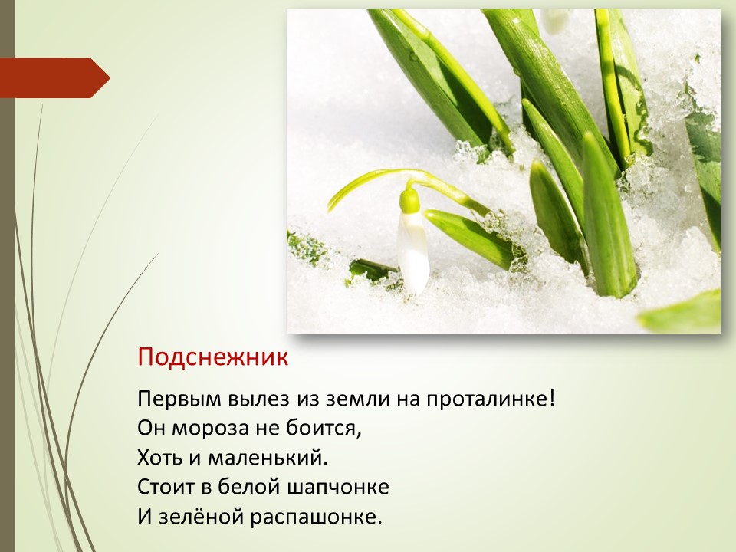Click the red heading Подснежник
click(212, 358)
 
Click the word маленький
click(267, 458)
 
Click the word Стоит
click(166, 488)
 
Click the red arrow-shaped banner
click(54, 78)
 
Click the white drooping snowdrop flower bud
click(413, 251)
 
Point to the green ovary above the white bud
click(409, 199)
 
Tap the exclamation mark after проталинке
click(551, 399)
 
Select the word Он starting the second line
click(151, 429)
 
